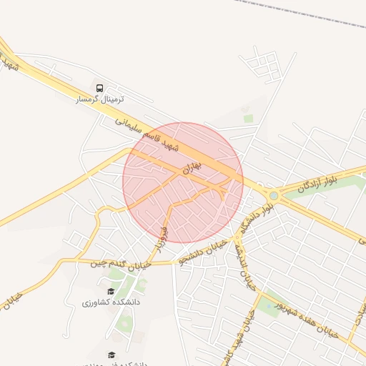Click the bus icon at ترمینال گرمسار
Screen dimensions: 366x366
99,87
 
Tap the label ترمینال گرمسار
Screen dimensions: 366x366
100,99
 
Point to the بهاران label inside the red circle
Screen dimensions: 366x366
194,167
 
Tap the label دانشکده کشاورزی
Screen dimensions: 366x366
111,302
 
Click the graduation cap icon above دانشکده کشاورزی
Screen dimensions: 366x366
111,291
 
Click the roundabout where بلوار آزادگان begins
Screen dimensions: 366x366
273,195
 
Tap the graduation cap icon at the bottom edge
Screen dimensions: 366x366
111,355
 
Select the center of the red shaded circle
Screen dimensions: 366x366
183,183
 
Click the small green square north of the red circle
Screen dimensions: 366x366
248,118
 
